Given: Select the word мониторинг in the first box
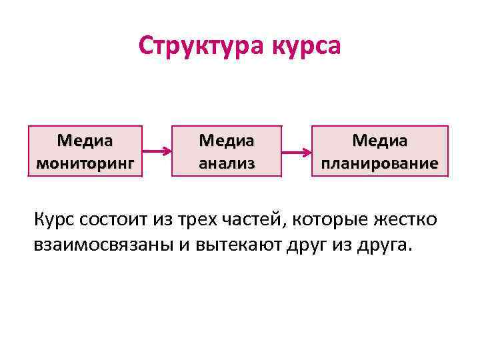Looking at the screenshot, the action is [x=85, y=162].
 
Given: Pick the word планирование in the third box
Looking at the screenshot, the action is [x=380, y=162].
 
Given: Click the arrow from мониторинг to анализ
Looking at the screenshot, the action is [x=157, y=151].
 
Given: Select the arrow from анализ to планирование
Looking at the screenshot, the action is [x=296, y=151].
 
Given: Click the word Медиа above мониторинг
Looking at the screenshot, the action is [x=85, y=141].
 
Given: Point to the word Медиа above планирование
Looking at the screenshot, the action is [x=380, y=141].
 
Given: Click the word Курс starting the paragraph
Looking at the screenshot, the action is [x=55, y=219].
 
